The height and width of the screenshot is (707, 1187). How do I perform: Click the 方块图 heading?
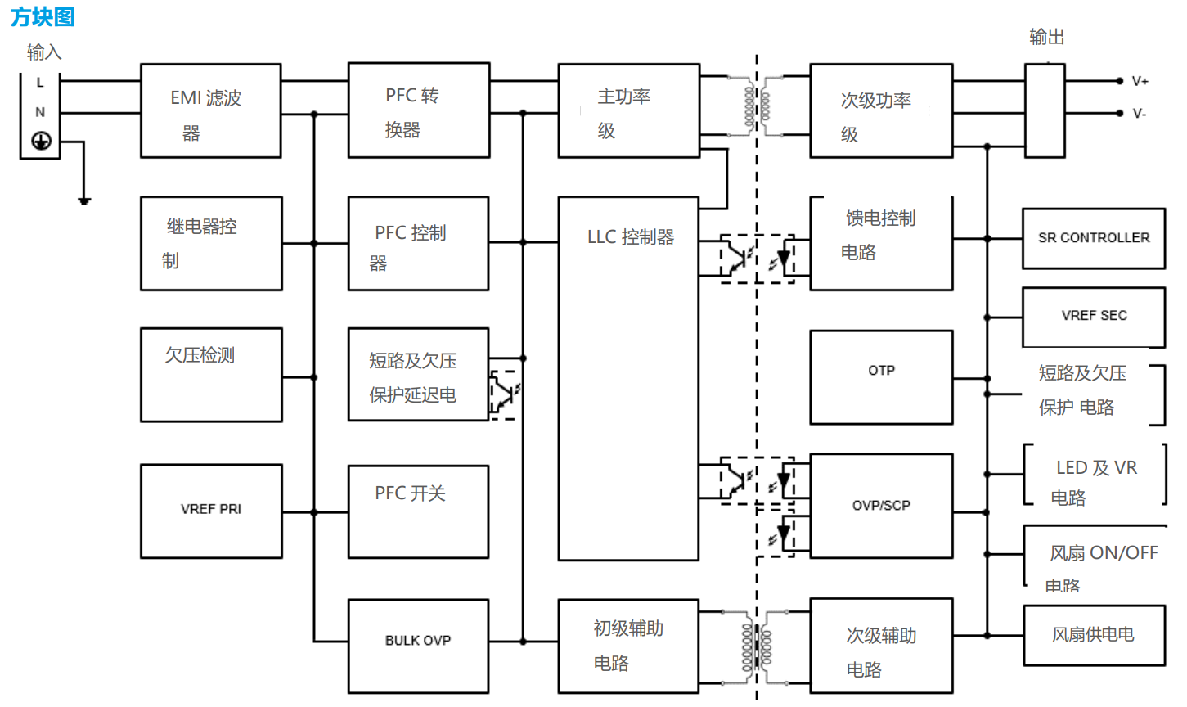[43, 16]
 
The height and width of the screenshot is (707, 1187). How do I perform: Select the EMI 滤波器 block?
[210, 111]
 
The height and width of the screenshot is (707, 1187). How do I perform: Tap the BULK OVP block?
[418, 641]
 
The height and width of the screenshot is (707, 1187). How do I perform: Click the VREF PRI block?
[211, 510]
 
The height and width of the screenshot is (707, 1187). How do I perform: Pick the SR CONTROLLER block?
[1094, 238]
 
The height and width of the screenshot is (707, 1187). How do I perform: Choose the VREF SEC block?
[1094, 316]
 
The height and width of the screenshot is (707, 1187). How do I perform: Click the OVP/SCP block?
[881, 506]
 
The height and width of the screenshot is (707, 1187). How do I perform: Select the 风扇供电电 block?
[1094, 635]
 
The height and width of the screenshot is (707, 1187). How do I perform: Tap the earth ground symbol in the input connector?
[41, 141]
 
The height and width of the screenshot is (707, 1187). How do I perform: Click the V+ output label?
[1140, 81]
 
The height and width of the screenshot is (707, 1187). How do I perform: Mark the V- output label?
[1140, 114]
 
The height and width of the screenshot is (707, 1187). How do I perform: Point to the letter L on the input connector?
[40, 83]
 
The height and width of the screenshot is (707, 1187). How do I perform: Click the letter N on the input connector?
[40, 112]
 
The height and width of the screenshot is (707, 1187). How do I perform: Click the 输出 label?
[1046, 37]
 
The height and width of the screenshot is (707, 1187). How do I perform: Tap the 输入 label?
[44, 52]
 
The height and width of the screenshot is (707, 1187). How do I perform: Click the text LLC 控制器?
[631, 237]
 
